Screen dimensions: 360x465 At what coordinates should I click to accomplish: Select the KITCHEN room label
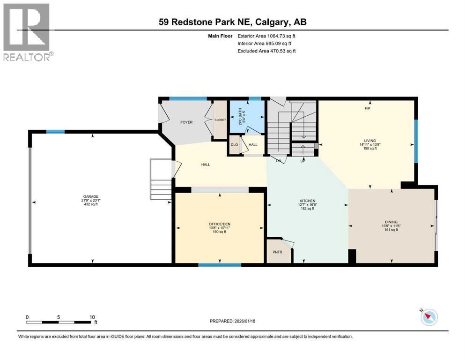click(x=308, y=201)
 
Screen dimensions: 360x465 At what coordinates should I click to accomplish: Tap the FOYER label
click(x=187, y=122)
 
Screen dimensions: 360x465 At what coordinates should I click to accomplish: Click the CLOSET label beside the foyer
click(x=220, y=120)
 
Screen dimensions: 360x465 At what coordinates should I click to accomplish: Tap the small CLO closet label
click(x=234, y=144)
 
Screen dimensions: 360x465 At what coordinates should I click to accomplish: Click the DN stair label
click(x=278, y=161)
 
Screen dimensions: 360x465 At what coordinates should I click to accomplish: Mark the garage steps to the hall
click(x=161, y=180)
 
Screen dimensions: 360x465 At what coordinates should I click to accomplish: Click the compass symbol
click(x=428, y=317)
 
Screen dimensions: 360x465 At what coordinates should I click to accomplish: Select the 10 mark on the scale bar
click(x=92, y=317)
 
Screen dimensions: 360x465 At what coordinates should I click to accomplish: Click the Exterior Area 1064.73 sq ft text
click(x=266, y=36)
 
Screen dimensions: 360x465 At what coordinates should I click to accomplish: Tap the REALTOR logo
click(x=27, y=32)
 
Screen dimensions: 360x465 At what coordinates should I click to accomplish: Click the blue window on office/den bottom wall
click(x=219, y=265)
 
